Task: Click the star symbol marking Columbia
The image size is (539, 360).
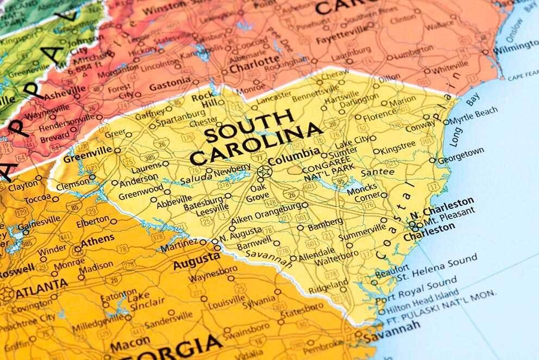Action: click(x=264, y=172)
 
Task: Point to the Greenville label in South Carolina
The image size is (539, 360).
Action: click(x=84, y=158)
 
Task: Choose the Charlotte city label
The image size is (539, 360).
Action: click(x=254, y=66)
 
